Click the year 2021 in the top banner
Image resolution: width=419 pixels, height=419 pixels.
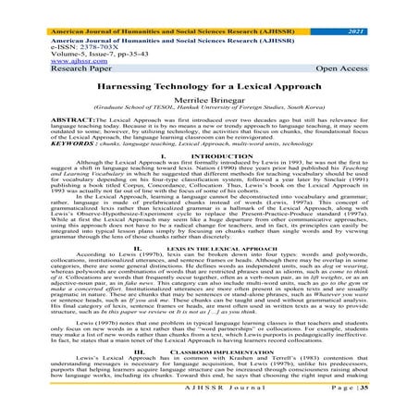(x=394, y=6)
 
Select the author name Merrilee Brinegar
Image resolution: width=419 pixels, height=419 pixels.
(x=209, y=96)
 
